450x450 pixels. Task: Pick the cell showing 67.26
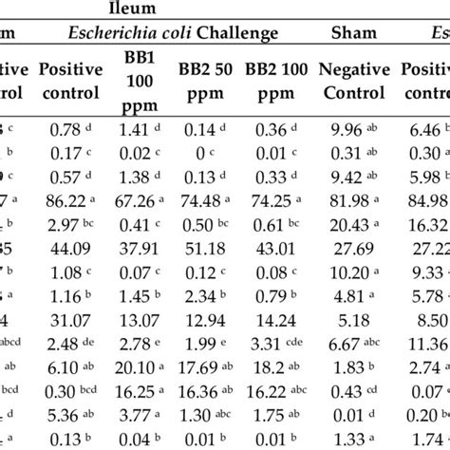click(129, 200)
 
